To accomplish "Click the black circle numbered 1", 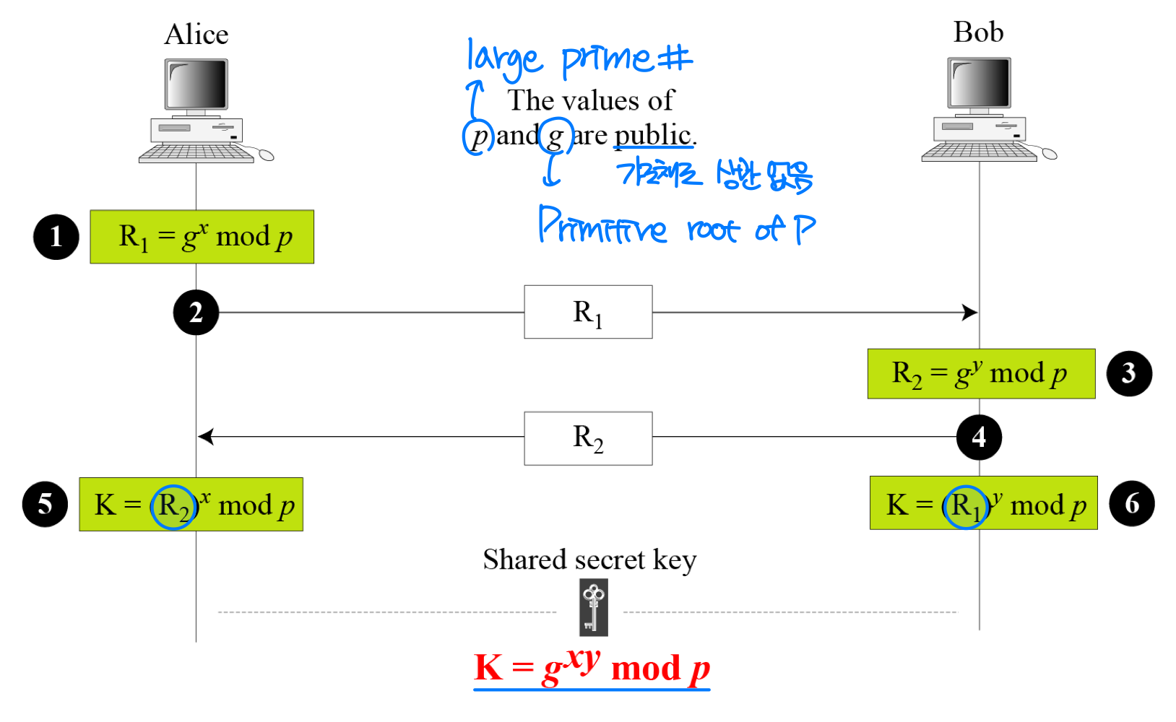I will click(x=56, y=237).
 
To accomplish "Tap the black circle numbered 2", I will click(x=196, y=313).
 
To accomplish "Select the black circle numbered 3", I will click(x=1129, y=373).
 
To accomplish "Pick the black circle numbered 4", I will click(x=979, y=437).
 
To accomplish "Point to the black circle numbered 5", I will click(x=45, y=504).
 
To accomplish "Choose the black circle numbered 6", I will click(x=1132, y=503).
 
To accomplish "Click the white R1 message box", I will click(x=588, y=312).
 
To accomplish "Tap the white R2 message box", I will click(x=588, y=438).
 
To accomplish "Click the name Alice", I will click(x=196, y=35).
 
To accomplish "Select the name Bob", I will click(x=978, y=32).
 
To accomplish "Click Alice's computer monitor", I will click(x=196, y=84).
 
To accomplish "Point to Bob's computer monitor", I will click(x=979, y=83).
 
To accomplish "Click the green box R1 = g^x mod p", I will click(x=202, y=237).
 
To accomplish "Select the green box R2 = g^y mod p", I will click(x=981, y=374).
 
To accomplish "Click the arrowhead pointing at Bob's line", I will click(x=970, y=313).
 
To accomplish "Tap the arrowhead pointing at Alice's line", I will click(x=206, y=437).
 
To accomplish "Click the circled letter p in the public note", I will click(x=478, y=136).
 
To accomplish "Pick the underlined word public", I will click(x=653, y=135).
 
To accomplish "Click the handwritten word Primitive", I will click(x=602, y=226).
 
